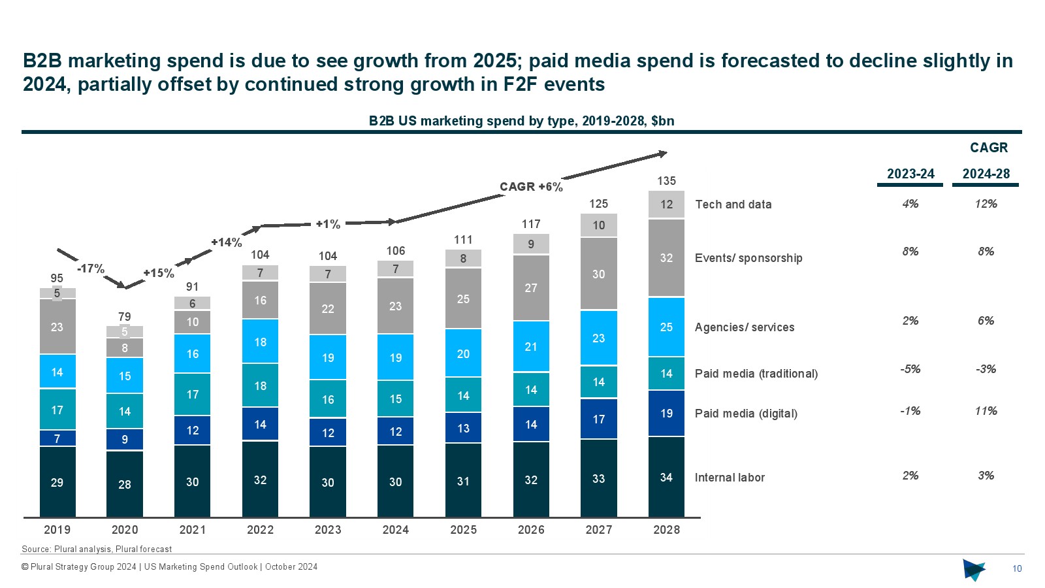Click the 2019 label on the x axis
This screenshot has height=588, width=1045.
point(57,530)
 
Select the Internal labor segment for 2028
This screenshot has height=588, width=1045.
point(666,477)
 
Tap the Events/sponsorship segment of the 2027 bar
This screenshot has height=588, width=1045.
point(598,274)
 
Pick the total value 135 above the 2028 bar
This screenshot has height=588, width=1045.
point(666,181)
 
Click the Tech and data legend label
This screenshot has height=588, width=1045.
point(733,204)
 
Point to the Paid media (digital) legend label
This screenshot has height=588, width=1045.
point(746,414)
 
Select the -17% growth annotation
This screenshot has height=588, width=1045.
point(90,269)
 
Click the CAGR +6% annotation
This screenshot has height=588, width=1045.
point(531,187)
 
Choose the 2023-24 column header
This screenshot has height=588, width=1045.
point(910,174)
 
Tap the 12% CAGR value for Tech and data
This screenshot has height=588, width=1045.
point(986,204)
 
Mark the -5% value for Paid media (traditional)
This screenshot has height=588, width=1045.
point(910,369)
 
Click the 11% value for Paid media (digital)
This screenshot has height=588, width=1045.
point(986,411)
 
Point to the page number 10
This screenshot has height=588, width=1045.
point(1017,568)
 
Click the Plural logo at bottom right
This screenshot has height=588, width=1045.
point(973,570)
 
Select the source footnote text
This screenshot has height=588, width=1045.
point(97,549)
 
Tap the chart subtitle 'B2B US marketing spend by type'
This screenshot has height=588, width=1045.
point(521,121)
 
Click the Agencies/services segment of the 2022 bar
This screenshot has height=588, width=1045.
point(260,342)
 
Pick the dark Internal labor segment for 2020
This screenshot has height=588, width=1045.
point(125,484)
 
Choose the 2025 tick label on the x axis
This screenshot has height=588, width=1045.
point(463,530)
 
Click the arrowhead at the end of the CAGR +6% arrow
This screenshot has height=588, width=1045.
point(663,154)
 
